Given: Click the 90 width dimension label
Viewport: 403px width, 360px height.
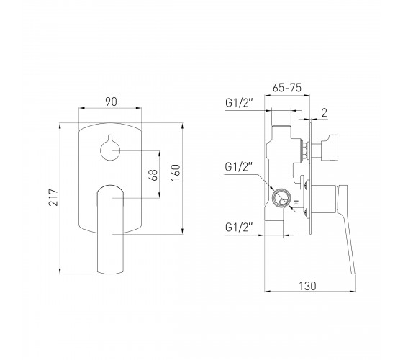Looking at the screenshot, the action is (111, 102).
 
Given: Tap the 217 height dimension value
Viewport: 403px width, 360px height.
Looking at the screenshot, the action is (54, 197).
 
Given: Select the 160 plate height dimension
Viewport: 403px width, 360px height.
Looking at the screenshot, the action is (176, 173).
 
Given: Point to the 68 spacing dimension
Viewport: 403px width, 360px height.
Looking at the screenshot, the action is (154, 175).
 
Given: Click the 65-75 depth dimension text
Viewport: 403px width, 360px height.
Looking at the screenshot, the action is (287, 88).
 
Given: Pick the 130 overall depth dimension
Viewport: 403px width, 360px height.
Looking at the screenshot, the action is (308, 286).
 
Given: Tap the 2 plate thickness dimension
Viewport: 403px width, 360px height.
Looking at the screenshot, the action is (325, 112).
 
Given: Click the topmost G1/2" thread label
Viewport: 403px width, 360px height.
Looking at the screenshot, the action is (239, 103).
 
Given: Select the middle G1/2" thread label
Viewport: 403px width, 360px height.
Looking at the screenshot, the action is (239, 167).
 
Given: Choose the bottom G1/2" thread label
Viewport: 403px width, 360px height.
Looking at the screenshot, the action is (239, 228).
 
